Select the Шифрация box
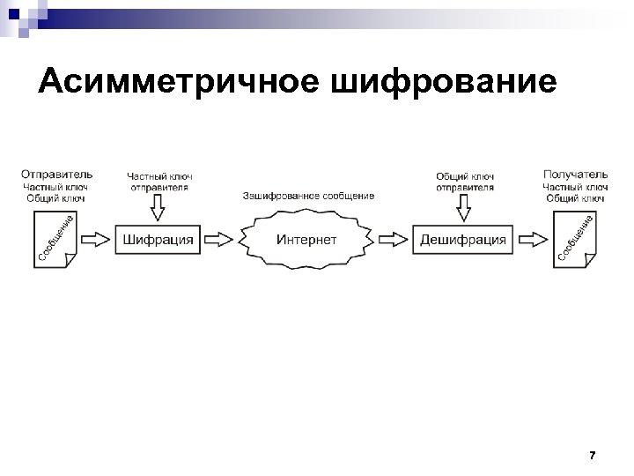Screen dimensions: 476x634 [x=158, y=240]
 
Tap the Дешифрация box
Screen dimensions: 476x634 [x=463, y=240]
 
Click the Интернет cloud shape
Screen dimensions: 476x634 [x=306, y=240]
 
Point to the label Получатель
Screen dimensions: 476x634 [x=575, y=175]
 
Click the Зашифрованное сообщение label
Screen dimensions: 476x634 [x=308, y=196]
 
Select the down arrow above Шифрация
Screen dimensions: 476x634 [x=158, y=208]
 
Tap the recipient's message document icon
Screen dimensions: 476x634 [x=577, y=239]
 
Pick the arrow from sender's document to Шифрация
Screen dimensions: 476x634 [x=99, y=240]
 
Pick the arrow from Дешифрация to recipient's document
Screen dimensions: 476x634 [x=531, y=240]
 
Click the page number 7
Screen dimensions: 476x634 [x=592, y=456]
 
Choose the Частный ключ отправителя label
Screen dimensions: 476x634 [x=159, y=182]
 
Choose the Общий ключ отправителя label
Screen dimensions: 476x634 [x=465, y=182]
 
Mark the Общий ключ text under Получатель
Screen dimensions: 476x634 [x=575, y=198]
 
